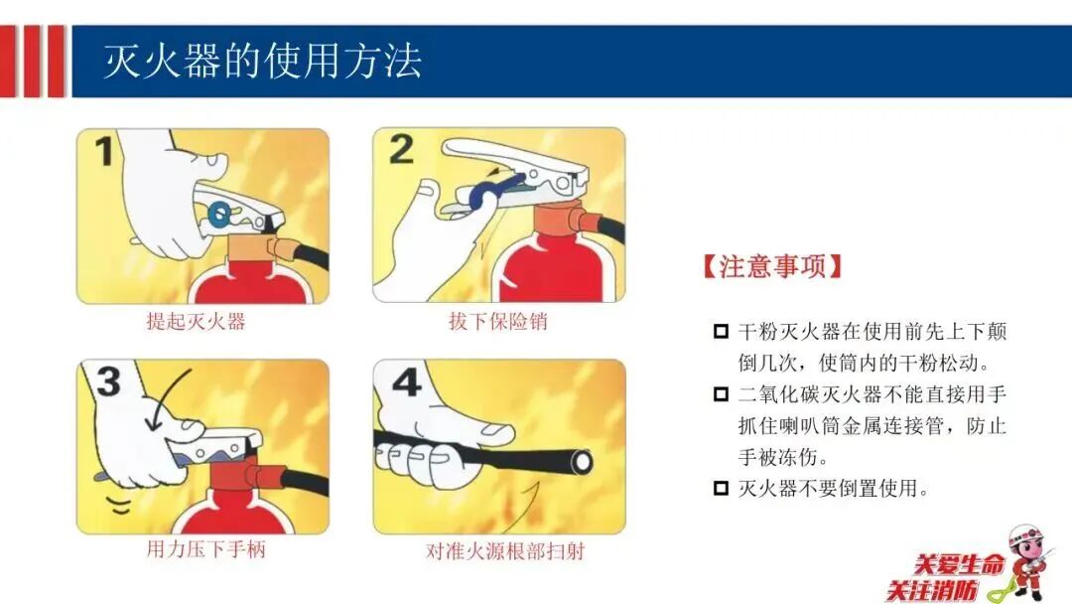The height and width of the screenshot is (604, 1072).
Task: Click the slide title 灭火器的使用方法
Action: (262, 61)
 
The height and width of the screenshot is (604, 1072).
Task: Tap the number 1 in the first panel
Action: (104, 151)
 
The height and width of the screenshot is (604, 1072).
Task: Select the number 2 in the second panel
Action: (401, 149)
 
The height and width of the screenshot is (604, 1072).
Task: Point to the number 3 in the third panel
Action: (109, 381)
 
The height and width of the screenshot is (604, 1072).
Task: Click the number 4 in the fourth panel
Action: (407, 382)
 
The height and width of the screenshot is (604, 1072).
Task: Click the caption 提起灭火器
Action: (196, 322)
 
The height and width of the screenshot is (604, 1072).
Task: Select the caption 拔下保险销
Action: (497, 321)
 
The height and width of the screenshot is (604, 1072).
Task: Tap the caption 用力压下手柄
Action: (205, 549)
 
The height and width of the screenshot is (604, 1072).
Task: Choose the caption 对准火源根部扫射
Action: (505, 550)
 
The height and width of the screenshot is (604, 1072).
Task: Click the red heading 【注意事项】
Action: (772, 266)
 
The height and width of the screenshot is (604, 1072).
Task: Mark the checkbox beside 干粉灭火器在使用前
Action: (721, 332)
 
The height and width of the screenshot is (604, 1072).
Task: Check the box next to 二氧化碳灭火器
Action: (721, 394)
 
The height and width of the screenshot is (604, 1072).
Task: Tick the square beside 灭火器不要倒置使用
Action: (721, 489)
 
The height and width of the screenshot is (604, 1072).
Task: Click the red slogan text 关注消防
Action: (932, 590)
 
